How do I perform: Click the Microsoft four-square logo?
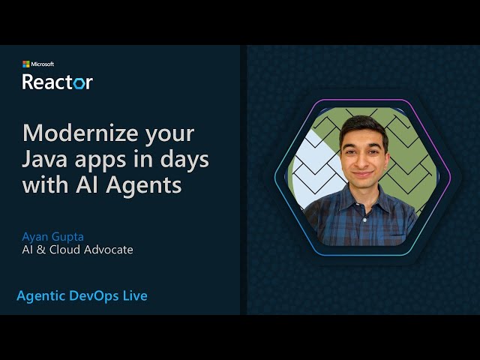point(26,64)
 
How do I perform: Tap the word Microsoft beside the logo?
point(43,64)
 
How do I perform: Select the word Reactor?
point(58,82)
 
